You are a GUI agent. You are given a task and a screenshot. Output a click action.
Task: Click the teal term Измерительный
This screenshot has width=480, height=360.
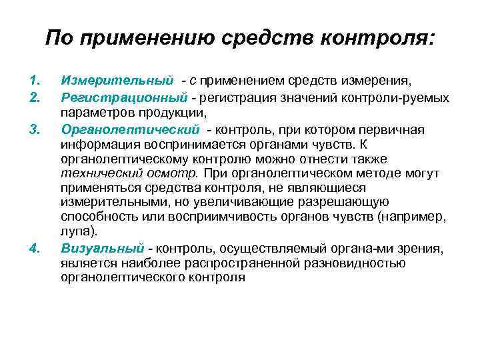pos(117,81)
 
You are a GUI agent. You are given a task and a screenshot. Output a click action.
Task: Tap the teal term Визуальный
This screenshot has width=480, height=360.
pos(102,249)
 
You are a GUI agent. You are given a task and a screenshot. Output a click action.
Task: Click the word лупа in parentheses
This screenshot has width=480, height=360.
pos(77,232)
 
